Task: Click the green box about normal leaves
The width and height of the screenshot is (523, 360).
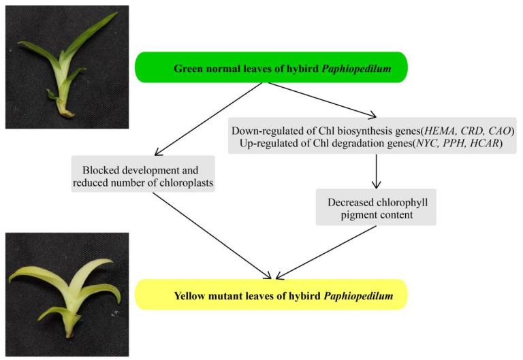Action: (271, 68)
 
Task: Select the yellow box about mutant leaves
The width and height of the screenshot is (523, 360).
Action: (271, 295)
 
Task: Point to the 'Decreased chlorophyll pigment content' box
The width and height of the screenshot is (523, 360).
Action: (375, 207)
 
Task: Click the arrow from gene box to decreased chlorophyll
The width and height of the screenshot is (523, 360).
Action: (375, 171)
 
